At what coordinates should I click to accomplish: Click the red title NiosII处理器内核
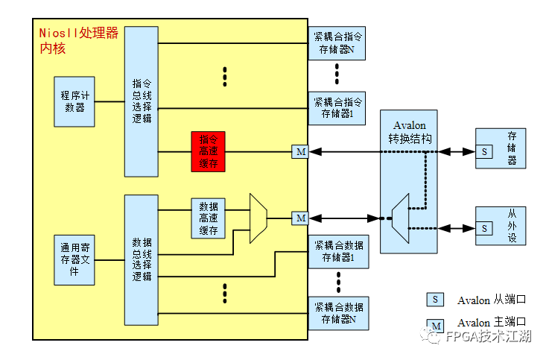pyautogui.click(x=77, y=41)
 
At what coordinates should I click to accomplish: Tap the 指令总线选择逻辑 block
pyautogui.click(x=141, y=101)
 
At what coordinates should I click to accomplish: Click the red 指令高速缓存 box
pyautogui.click(x=209, y=152)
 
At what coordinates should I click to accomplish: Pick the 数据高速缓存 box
pyautogui.click(x=209, y=218)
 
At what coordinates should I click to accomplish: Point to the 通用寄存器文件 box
pyautogui.click(x=74, y=259)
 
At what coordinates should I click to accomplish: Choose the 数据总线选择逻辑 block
pyautogui.click(x=141, y=259)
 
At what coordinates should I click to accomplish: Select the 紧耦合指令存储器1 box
pyautogui.click(x=337, y=107)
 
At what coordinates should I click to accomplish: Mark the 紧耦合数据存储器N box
pyautogui.click(x=337, y=314)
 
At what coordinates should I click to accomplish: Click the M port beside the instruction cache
pyautogui.click(x=299, y=152)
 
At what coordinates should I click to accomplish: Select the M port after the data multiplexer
pyautogui.click(x=299, y=218)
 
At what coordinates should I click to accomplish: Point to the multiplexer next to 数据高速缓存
pyautogui.click(x=258, y=218)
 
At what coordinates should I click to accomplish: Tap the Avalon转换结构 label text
pyautogui.click(x=408, y=132)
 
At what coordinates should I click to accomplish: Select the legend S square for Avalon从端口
pyautogui.click(x=435, y=299)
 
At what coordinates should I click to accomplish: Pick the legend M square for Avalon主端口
pyautogui.click(x=435, y=325)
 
